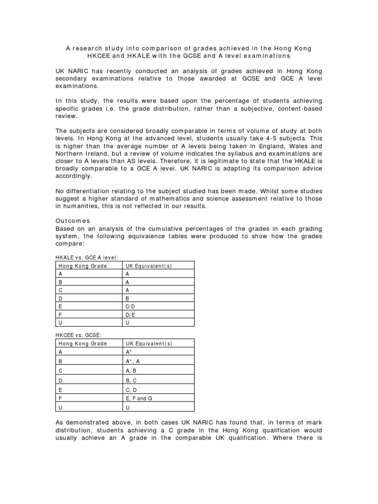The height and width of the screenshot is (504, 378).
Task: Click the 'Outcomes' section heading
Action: [72, 221]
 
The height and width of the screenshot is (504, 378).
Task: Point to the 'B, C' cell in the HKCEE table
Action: [131, 379]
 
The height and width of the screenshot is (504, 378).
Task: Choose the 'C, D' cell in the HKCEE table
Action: [131, 389]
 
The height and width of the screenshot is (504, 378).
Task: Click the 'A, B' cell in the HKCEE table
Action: [131, 370]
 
